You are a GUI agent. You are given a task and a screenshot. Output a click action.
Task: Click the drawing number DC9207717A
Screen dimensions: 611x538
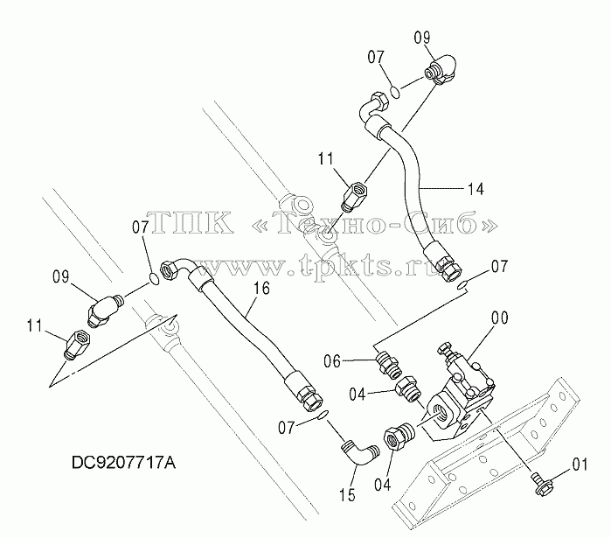pos(123,463)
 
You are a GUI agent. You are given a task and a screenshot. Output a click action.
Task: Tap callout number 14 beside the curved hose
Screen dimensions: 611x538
pos(476,189)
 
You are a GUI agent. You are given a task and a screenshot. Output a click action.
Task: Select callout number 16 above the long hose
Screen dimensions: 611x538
pos(262,289)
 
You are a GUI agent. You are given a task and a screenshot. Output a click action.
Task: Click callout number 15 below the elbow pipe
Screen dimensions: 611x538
pos(348,495)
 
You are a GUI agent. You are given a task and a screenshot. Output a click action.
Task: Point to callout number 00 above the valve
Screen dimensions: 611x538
pos(500,318)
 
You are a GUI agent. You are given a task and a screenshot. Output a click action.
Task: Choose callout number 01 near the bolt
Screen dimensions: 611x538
pos(580,465)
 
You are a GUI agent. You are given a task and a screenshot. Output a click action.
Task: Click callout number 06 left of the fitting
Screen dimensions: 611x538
pos(332,361)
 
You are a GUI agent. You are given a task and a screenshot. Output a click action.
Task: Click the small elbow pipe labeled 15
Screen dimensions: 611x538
pos(359,453)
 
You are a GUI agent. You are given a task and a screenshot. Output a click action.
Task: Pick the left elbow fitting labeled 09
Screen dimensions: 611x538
pos(105,310)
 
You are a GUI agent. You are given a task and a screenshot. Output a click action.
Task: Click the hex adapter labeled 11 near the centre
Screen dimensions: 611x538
pos(355,197)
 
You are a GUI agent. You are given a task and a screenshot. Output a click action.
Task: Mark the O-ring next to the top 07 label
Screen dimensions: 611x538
pos(395,93)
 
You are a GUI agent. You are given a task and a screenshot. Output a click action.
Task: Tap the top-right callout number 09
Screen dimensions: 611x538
pos(421,38)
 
